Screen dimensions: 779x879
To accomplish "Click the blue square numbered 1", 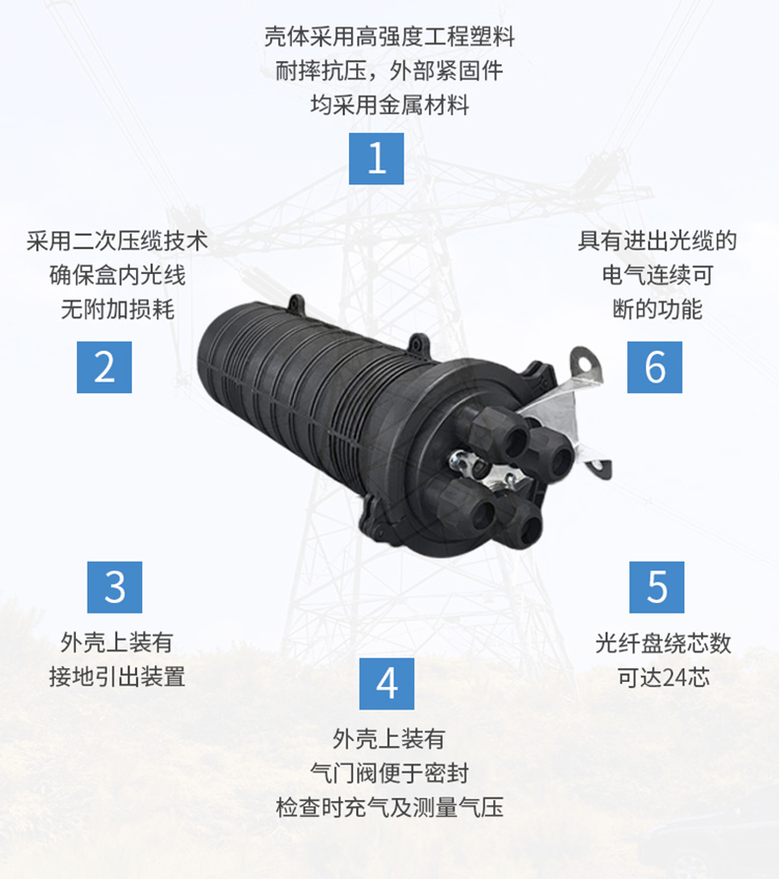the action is coord(377,159).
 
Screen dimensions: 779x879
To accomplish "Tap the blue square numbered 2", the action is coord(105,368).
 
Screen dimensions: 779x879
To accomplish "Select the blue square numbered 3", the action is coord(114,587).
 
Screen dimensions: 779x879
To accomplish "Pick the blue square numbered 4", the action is coord(387,684).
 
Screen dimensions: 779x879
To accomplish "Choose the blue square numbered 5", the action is coord(657,587).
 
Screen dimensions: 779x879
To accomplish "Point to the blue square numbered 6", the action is coord(655,368).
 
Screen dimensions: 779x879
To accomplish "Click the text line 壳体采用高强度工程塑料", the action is coord(389,37).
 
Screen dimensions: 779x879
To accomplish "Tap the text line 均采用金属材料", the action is coord(389,104).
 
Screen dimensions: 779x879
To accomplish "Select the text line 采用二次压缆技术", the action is coord(116,241).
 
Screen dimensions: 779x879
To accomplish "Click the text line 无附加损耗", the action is coord(117,308).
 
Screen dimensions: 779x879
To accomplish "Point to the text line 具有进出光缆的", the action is coord(657,241).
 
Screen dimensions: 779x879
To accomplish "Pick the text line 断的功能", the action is coord(658,308).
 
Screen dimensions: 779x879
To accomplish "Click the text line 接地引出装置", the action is coord(116,677).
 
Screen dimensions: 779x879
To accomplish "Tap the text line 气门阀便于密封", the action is coord(389,774).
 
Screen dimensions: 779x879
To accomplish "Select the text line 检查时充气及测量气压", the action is coord(389,808).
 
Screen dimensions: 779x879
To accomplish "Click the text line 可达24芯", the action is coord(664,677).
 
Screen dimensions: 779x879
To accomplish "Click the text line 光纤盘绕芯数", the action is coord(664,643).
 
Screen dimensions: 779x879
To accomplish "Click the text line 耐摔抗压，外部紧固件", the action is coord(389,71).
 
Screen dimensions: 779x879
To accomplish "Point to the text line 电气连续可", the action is coord(658,275).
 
